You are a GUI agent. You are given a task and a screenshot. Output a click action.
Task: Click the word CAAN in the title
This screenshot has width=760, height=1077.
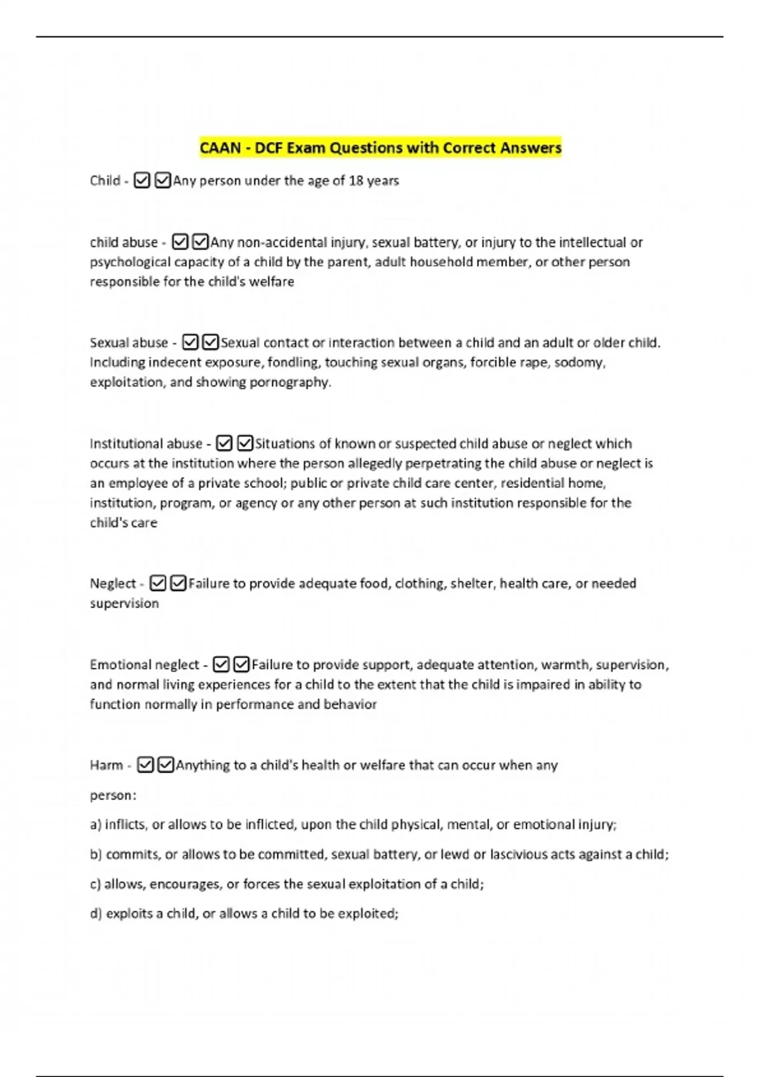pos(220,148)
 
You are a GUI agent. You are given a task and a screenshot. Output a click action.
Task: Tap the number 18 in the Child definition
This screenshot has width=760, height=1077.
pos(356,181)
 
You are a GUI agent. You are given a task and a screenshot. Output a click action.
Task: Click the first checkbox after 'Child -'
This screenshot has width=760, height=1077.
pos(142,181)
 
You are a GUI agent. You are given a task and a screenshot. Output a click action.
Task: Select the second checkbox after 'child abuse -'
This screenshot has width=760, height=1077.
pos(200,242)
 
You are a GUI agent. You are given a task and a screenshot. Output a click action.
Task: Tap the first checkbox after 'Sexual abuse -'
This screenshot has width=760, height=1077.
pos(190,343)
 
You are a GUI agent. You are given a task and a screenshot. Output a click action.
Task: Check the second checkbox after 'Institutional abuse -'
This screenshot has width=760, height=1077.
pos(244,443)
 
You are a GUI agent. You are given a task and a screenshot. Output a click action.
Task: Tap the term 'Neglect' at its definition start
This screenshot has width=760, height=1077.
pos(113,583)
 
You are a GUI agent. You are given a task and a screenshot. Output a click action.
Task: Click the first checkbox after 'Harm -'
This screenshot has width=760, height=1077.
pos(145,765)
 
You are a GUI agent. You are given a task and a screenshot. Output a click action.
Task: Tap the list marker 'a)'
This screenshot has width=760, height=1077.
pos(96,825)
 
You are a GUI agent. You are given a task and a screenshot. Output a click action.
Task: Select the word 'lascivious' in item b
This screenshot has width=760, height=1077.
pos(521,855)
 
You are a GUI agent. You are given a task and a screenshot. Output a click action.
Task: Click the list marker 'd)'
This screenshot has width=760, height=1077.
pos(96,914)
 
